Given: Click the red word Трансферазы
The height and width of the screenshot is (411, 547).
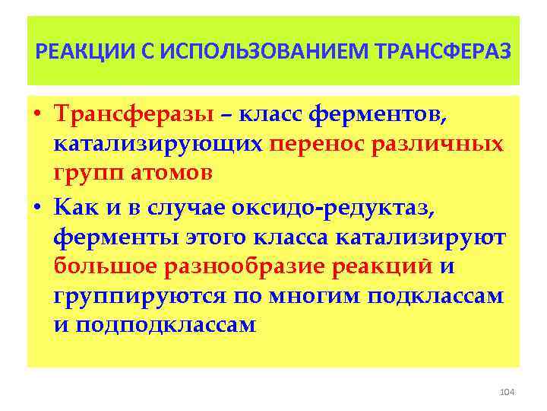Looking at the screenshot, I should [x=134, y=115].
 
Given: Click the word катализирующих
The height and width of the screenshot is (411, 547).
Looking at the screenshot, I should [x=158, y=144].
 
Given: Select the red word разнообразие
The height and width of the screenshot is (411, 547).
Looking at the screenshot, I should [x=248, y=266].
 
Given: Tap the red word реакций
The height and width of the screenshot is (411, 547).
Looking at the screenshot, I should [x=387, y=266].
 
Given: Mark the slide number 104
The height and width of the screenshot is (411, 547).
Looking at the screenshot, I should [x=507, y=391].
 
